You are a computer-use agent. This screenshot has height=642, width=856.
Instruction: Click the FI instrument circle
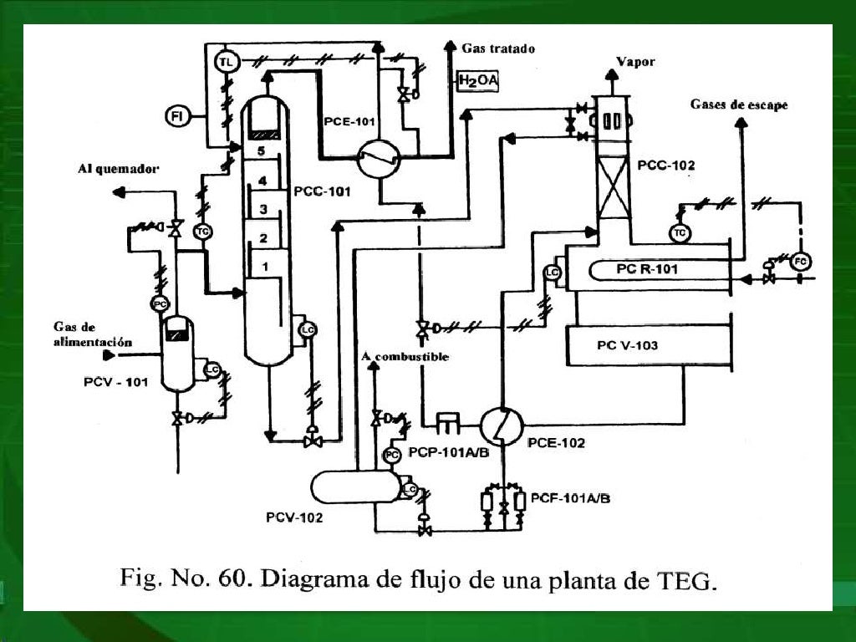tap(176, 115)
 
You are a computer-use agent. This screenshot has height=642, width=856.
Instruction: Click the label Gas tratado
tap(498, 49)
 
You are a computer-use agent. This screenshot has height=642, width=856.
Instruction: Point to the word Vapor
tap(635, 62)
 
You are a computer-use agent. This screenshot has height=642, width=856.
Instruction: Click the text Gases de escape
tap(739, 104)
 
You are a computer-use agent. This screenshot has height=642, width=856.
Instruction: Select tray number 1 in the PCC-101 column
tap(264, 267)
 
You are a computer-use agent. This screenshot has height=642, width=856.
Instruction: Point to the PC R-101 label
tap(647, 269)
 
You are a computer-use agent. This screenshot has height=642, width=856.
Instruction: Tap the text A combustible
tap(405, 357)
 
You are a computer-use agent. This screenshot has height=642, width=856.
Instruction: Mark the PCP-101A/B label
tap(448, 451)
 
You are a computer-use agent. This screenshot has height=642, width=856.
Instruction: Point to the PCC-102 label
tap(665, 166)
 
